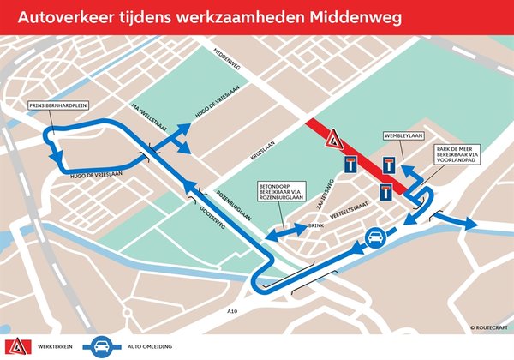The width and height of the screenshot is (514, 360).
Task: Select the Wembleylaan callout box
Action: (402, 136)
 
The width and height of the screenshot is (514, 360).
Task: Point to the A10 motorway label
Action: (236, 311)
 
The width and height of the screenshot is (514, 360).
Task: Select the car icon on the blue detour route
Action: (374, 238)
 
